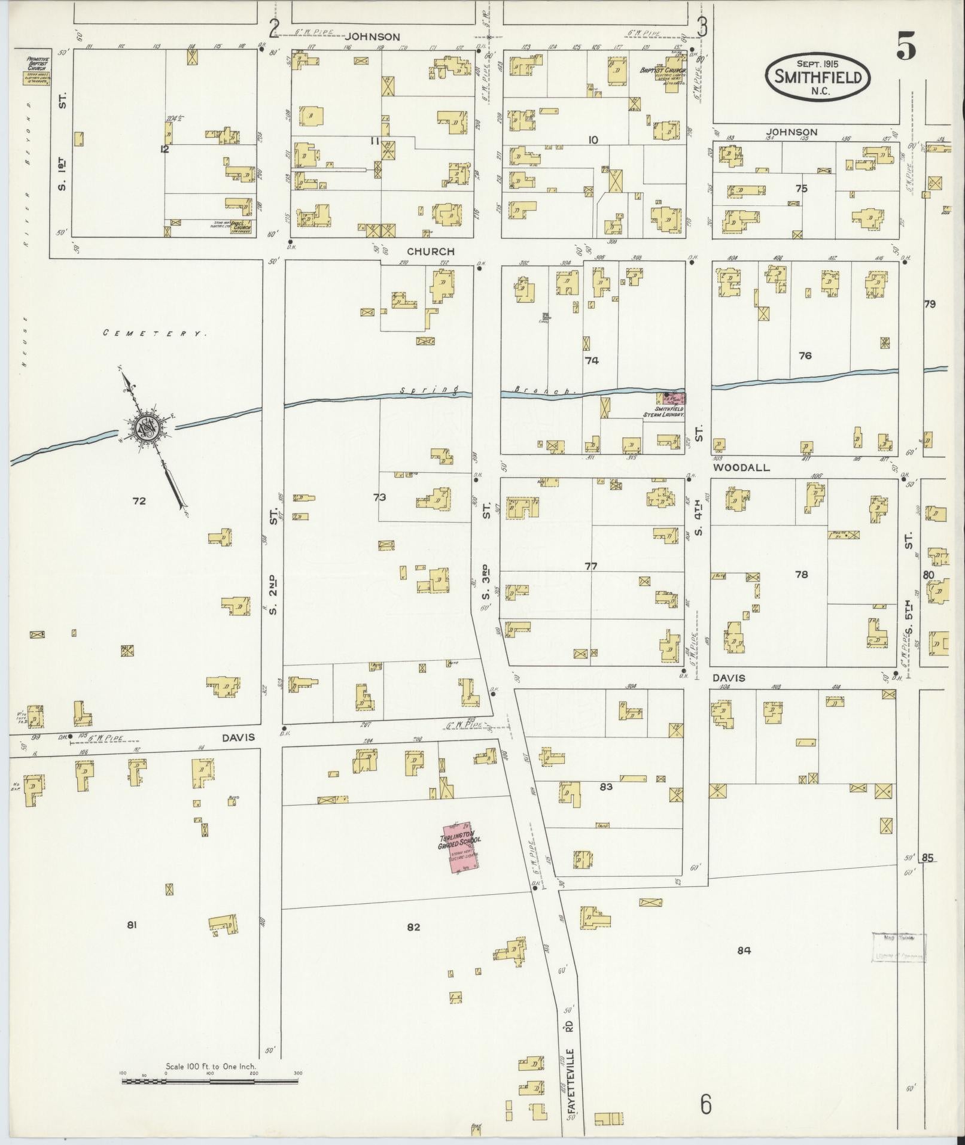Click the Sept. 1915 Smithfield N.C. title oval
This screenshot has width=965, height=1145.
click(818, 76)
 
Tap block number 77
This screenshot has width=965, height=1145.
click(590, 566)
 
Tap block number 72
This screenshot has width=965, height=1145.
click(139, 501)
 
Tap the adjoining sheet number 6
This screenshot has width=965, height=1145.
click(706, 1105)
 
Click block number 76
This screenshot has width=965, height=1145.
click(805, 356)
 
